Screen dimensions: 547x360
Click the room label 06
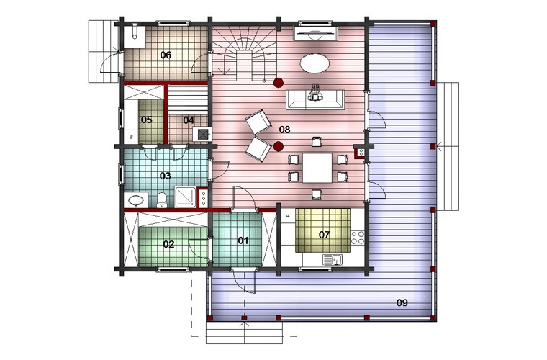coord(166,55)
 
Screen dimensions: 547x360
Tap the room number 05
coord(147,120)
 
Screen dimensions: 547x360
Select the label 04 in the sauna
coord(189,120)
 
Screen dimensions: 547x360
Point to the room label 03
coord(165,176)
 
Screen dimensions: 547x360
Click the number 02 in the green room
coord(168,244)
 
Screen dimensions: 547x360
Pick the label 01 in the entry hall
coord(243,240)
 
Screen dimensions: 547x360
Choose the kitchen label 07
coord(324,235)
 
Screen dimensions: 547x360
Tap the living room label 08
coord(284,130)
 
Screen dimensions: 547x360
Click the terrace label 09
coord(402,302)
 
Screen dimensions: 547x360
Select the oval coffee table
coord(315,63)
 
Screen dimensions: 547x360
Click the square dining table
coord(317,168)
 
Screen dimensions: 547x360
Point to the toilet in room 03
coord(161,199)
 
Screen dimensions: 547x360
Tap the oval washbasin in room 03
coord(136,200)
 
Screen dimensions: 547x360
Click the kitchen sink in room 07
coord(333,259)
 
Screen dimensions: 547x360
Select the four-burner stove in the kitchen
coord(358,237)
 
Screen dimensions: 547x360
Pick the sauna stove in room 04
coord(202,134)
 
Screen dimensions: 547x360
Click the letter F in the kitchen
coord(288,216)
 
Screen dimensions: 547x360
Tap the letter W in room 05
coord(132,137)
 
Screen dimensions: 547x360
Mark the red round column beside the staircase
coord(278,83)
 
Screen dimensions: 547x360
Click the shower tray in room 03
coord(186,197)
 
